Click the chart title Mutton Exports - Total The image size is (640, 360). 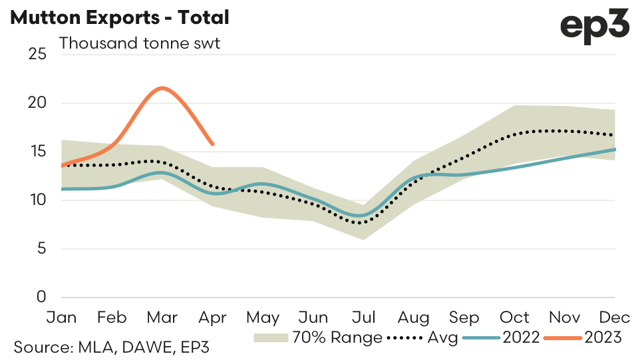120,18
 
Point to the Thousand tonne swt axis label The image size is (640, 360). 140,44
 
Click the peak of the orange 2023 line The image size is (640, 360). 162,88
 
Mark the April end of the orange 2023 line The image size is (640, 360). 212,144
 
